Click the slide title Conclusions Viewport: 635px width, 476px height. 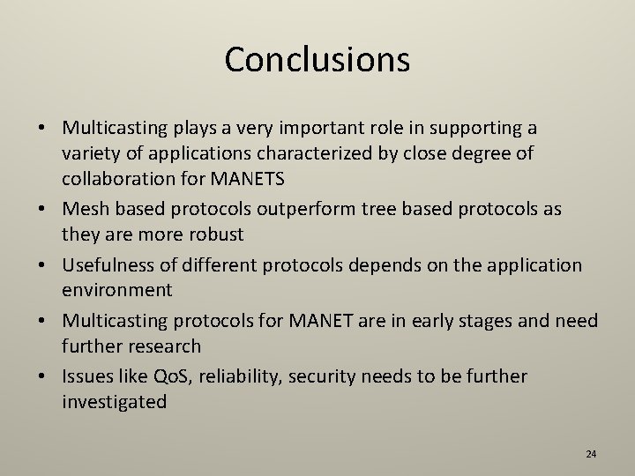[317, 60]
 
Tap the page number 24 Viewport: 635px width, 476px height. [591, 454]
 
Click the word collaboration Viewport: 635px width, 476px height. [118, 179]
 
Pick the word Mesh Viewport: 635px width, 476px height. [86, 210]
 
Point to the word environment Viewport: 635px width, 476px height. [117, 291]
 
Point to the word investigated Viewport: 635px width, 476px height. [114, 402]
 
